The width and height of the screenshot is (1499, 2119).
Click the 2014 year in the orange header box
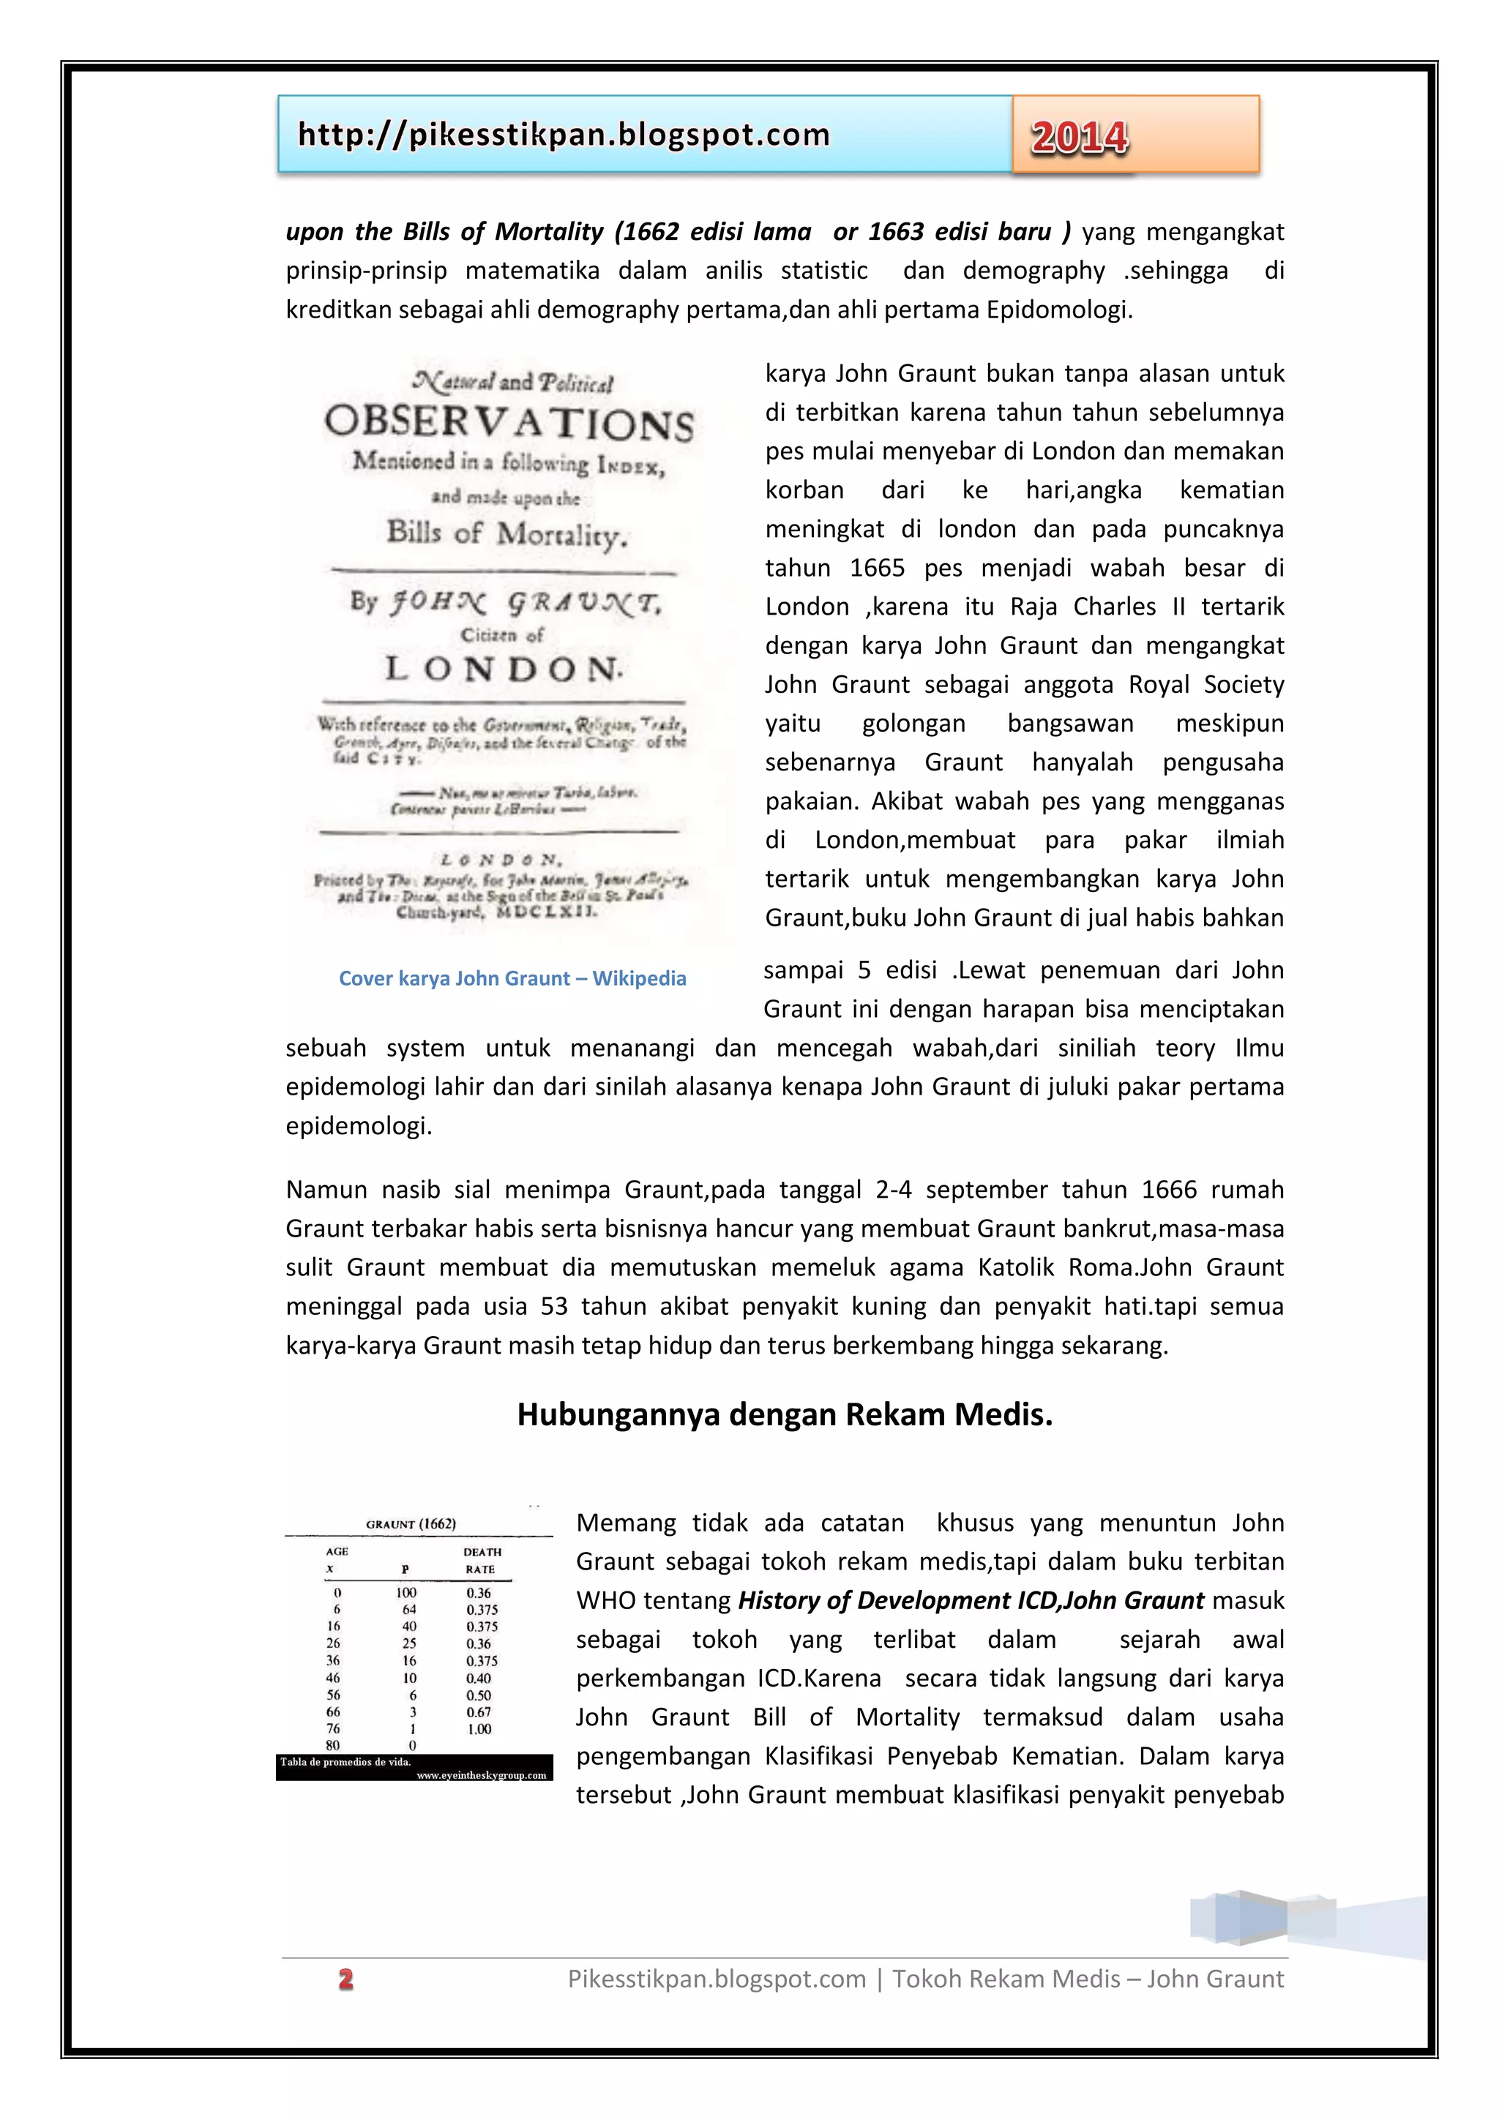pos(1079,138)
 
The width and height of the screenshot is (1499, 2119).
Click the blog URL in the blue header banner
pos(563,135)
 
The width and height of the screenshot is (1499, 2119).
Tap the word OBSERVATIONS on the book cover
pos(509,423)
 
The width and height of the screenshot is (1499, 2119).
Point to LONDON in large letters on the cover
pos(503,668)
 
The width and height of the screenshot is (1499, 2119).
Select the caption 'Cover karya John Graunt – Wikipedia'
pos(512,978)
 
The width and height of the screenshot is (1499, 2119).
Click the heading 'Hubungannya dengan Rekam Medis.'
pos(785,1414)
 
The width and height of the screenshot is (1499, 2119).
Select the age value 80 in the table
pos(332,1745)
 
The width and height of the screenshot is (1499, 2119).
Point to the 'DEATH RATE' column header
pos(482,1561)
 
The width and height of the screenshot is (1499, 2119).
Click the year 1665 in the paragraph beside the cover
pos(877,568)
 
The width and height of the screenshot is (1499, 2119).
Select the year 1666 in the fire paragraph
pos(1169,1190)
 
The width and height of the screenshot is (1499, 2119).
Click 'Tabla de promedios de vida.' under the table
pos(346,1762)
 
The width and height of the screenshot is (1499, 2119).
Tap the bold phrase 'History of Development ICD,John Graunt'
pos(971,1600)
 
